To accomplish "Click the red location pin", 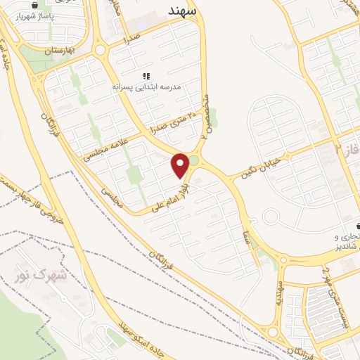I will pyautogui.click(x=181, y=165).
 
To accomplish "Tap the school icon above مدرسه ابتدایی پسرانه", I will pyautogui.click(x=146, y=75).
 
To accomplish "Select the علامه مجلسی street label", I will pyautogui.click(x=103, y=146).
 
